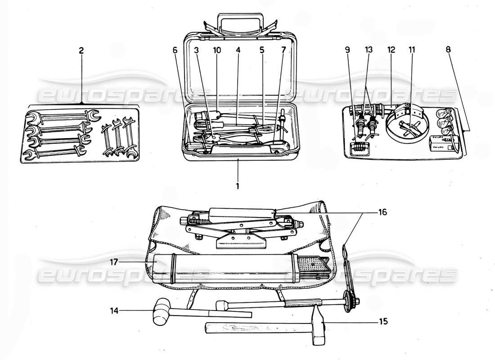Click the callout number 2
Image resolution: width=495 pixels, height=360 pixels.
coord(81,51)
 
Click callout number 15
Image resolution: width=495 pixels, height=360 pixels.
coord(383,322)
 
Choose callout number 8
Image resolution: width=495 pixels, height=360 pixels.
coord(448,50)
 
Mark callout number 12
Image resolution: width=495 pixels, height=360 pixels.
coord(390,50)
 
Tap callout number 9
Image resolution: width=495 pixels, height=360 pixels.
coord(347,50)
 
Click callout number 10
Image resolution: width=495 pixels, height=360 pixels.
coord(217,50)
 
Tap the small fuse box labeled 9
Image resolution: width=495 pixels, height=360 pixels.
coord(359,147)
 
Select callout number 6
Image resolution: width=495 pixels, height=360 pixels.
coord(175,50)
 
